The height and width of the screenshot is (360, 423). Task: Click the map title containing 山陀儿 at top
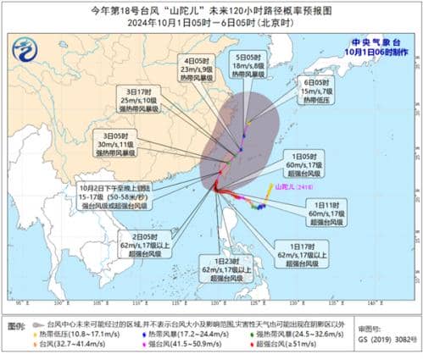(x=211, y=9)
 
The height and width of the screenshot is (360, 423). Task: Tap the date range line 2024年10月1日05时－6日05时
(x=211, y=23)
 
